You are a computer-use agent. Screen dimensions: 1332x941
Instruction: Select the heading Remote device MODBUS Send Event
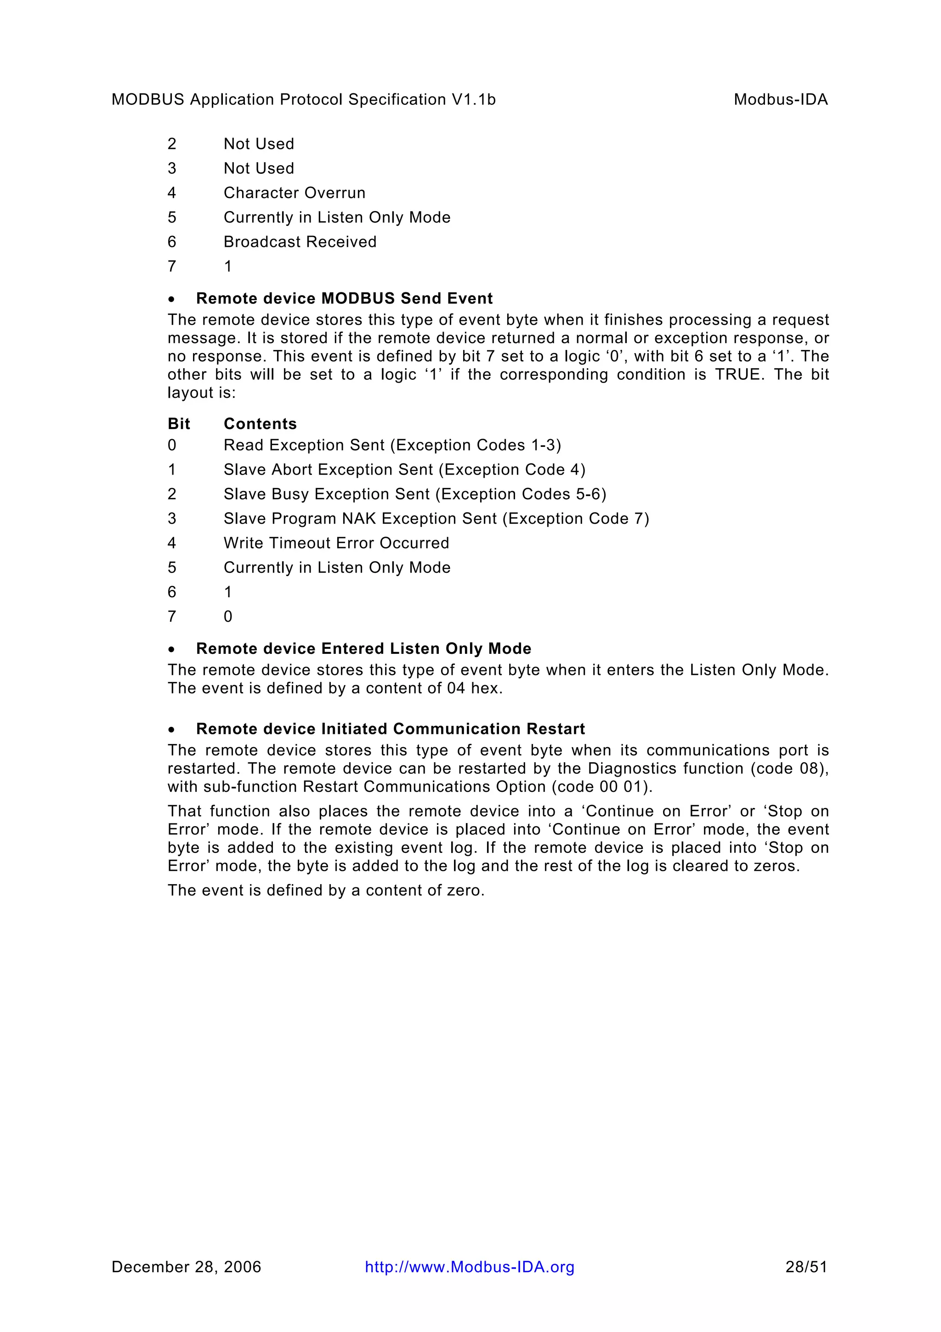[345, 298]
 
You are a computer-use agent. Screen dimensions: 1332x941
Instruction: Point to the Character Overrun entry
[295, 193]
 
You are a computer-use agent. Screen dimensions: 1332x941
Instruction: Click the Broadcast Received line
[300, 241]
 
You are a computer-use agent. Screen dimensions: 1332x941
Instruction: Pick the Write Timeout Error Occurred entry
[336, 543]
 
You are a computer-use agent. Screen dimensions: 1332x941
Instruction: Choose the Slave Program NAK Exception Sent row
[436, 519]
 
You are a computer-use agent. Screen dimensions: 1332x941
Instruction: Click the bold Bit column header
[179, 423]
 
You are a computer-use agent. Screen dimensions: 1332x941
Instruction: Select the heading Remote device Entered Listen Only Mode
[363, 649]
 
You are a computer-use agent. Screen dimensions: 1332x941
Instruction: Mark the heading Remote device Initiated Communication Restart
[390, 729]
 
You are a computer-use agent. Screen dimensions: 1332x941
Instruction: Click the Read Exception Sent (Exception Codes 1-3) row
[392, 445]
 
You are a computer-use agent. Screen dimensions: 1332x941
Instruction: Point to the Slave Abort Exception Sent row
[404, 469]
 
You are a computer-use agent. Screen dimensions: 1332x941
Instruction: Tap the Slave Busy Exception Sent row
[414, 494]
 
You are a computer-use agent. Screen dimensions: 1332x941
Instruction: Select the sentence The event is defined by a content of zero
[326, 890]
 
